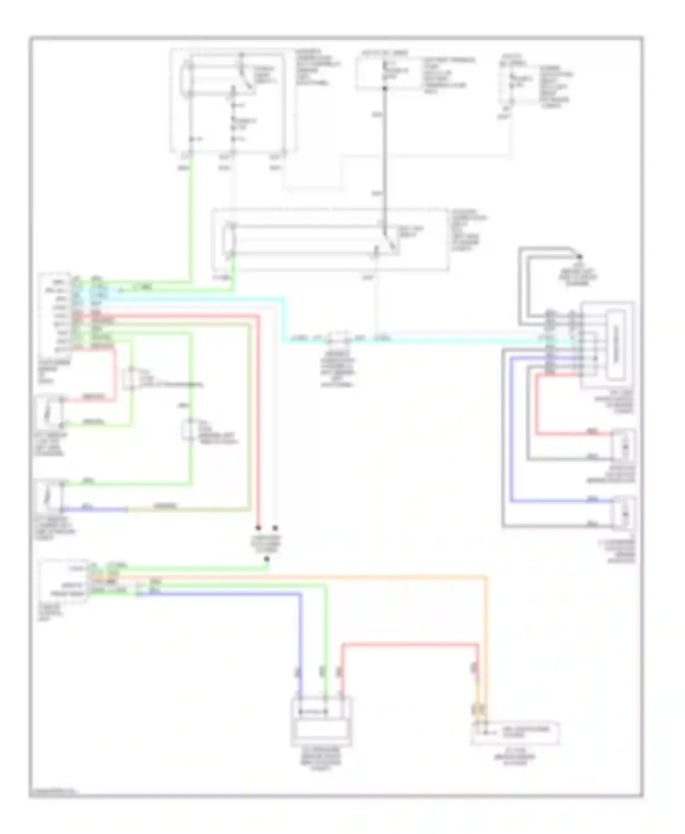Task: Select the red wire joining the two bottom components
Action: click(x=411, y=645)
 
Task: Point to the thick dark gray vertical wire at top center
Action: click(x=385, y=151)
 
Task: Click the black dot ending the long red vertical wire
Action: click(x=258, y=528)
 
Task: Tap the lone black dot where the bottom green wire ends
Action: click(x=267, y=559)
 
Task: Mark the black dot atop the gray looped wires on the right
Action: click(x=580, y=257)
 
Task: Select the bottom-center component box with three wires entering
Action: click(x=321, y=721)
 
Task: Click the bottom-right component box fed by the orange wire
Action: click(x=515, y=733)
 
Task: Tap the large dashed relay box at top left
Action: click(x=233, y=100)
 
